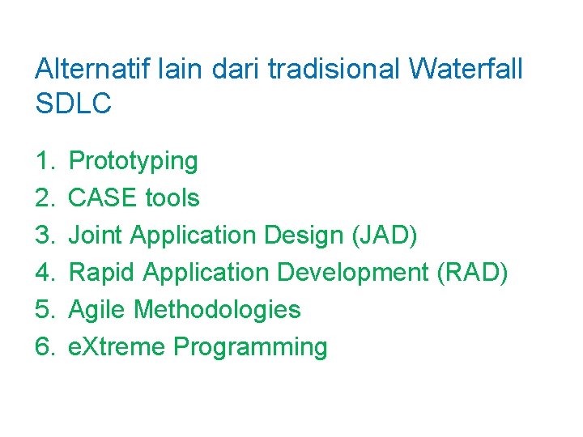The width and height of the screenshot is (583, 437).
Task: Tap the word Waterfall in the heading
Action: [466, 69]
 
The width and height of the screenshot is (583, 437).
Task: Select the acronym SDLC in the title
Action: [73, 104]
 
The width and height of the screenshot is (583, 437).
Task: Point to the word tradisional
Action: [334, 69]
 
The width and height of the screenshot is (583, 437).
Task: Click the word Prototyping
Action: [134, 161]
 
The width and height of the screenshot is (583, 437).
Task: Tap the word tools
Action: [172, 197]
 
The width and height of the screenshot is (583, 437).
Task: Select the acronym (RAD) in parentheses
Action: [472, 273]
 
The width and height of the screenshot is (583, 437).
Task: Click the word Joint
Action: [96, 235]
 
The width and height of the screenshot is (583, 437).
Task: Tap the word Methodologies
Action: [217, 309]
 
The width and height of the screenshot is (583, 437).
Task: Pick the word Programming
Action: [250, 347]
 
